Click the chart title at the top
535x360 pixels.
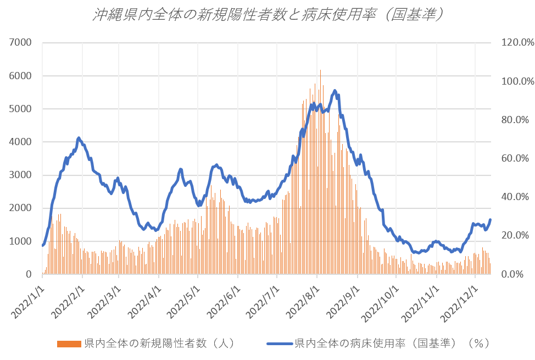(267, 15)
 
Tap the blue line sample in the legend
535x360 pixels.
(280, 344)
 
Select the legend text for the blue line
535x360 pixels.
(392, 344)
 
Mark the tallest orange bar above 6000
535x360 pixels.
(320, 71)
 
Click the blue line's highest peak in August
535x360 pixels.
(335, 91)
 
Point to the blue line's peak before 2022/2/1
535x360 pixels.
(79, 138)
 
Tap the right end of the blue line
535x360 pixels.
(490, 220)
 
